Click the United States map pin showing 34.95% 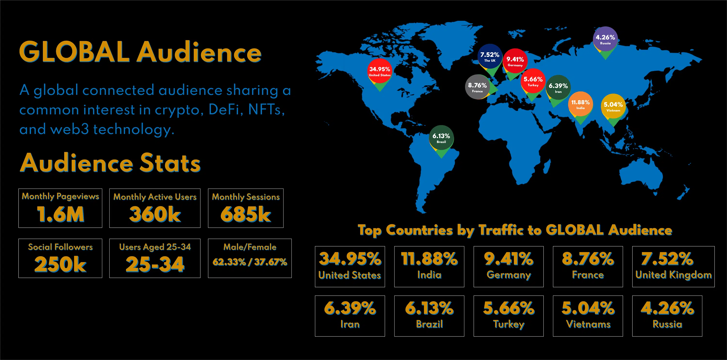[x=379, y=71]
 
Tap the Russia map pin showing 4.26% [x=605, y=39]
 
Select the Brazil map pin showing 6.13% [x=441, y=138]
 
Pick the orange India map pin [x=580, y=104]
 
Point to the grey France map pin [x=477, y=87]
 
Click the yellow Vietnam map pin [x=613, y=106]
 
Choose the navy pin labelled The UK [x=490, y=56]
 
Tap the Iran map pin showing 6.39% [x=558, y=88]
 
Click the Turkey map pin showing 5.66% [x=533, y=81]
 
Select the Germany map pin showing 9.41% [x=515, y=61]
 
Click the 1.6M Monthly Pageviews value [x=60, y=214]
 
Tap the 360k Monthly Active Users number [x=155, y=214]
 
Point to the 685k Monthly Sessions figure [x=245, y=214]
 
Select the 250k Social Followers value [x=60, y=264]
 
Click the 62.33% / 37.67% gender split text [x=250, y=262]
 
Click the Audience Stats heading [x=110, y=163]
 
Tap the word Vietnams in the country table [x=588, y=324]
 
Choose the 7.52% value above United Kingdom [x=667, y=259]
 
